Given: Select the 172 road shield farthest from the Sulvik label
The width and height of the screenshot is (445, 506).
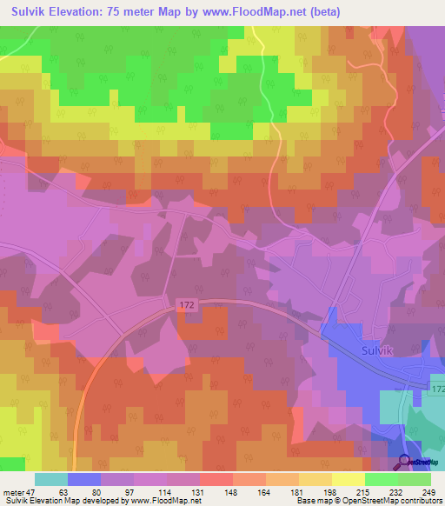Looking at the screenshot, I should pyautogui.click(x=189, y=304).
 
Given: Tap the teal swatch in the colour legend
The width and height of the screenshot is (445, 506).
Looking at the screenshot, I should pyautogui.click(x=51, y=479).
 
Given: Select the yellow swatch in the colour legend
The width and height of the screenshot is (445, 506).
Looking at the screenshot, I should pyautogui.click(x=348, y=479).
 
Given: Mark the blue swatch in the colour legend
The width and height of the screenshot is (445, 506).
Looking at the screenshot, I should pyautogui.click(x=84, y=479).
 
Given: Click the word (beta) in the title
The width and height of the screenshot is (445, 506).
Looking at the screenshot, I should pyautogui.click(x=321, y=11).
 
